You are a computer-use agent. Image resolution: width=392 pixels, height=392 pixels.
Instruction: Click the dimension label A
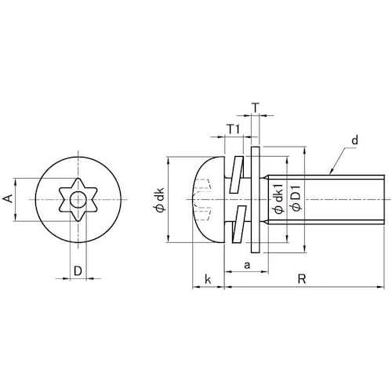(9, 198)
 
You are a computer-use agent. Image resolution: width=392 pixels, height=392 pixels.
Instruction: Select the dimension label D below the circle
(78, 271)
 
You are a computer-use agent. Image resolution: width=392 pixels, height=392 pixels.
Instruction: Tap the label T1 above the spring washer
(233, 129)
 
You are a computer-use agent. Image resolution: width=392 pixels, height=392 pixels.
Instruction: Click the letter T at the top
(256, 107)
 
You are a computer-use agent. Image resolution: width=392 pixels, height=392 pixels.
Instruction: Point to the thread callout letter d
(354, 140)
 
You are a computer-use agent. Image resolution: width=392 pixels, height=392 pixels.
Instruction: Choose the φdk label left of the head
(159, 199)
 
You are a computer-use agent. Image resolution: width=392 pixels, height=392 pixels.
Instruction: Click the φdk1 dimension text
(278, 198)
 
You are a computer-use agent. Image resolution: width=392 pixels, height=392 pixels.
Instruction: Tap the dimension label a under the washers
(247, 266)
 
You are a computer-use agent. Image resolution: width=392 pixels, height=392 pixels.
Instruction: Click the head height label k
(208, 279)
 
